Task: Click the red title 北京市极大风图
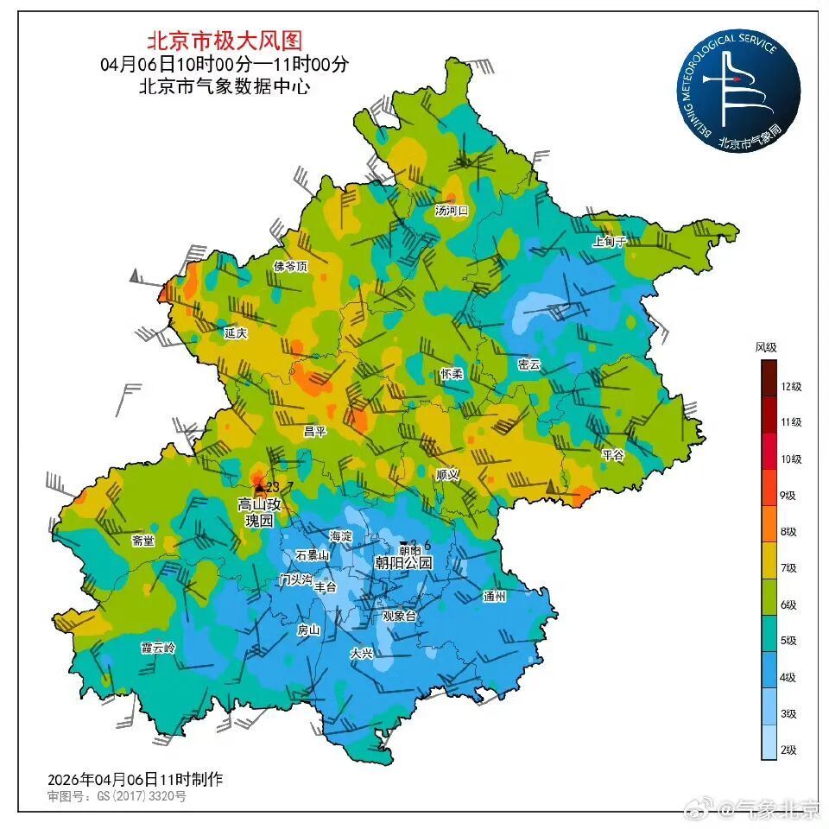(225, 40)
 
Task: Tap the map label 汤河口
(451, 210)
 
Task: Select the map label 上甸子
(609, 242)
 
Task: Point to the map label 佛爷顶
(290, 267)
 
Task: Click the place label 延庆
(236, 332)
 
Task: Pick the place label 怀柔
(452, 373)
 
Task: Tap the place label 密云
(528, 364)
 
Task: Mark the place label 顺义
(447, 474)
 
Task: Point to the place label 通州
(494, 596)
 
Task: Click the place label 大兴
(361, 654)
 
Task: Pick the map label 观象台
(399, 616)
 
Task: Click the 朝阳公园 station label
(402, 563)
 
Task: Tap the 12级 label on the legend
(791, 387)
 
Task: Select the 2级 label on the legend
(788, 750)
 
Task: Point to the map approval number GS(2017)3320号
(117, 795)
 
